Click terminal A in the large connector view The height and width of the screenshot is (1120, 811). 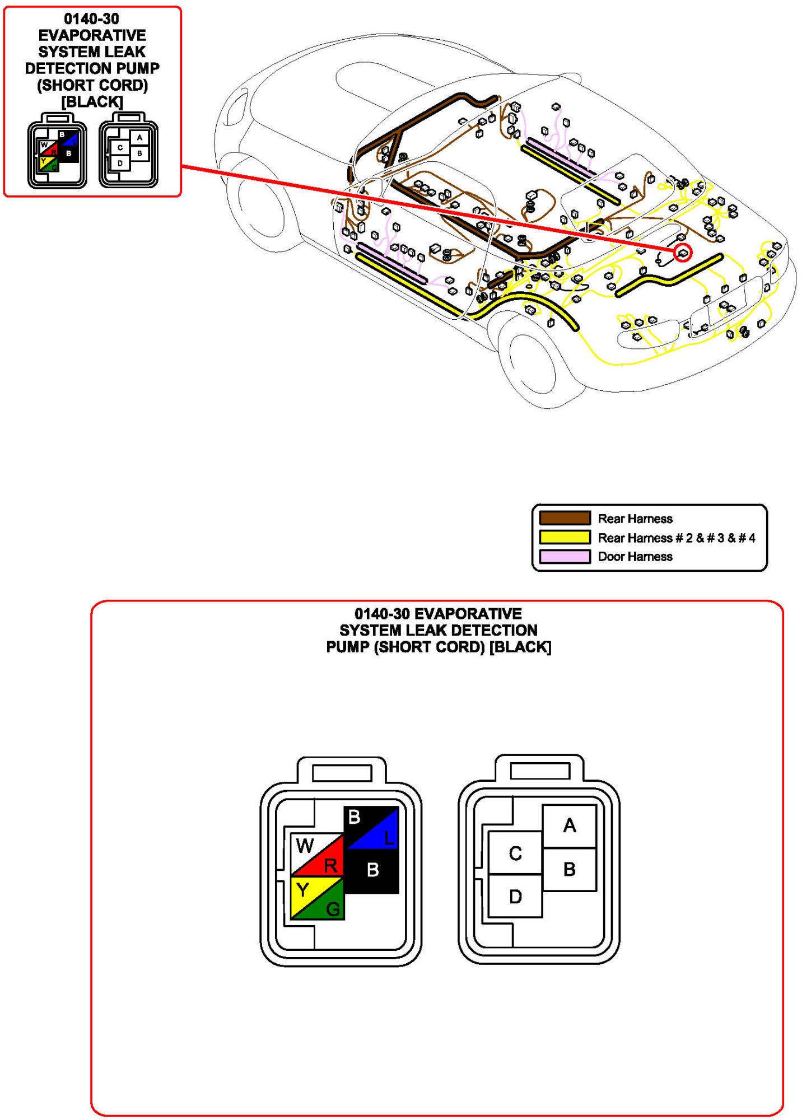click(569, 825)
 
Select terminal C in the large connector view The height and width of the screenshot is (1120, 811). click(515, 853)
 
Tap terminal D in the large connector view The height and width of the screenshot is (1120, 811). click(515, 896)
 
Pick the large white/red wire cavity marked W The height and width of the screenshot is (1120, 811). click(317, 855)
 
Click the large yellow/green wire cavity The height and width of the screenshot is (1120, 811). click(317, 898)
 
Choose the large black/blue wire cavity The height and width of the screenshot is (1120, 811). click(371, 828)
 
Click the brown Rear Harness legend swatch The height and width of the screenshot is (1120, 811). click(565, 518)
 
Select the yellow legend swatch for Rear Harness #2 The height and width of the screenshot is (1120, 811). click(565, 538)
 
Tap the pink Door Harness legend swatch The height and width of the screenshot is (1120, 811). click(565, 556)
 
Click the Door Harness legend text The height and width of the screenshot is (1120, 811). click(635, 557)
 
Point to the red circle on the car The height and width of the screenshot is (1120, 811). click(682, 253)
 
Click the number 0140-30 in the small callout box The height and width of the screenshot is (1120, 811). click(92, 19)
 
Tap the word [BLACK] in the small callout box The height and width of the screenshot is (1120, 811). click(92, 102)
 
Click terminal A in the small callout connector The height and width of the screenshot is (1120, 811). click(139, 138)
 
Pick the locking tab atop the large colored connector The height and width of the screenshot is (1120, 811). click(342, 772)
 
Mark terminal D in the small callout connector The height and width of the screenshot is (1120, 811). click(120, 164)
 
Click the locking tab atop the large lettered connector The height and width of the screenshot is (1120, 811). click(540, 770)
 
